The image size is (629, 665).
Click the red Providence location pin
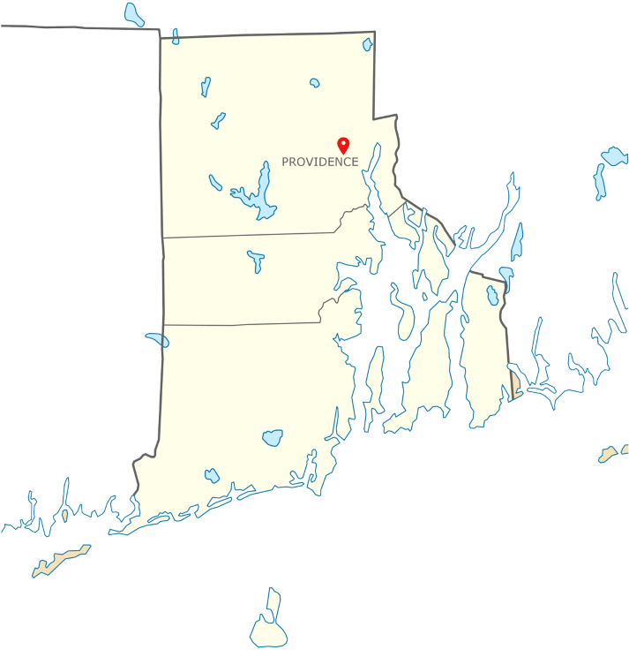[x=344, y=144]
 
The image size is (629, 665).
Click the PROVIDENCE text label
[x=319, y=162]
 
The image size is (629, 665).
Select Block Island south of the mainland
[x=268, y=631]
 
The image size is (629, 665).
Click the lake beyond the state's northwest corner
[x=134, y=14]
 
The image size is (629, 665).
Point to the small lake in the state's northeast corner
[x=367, y=43]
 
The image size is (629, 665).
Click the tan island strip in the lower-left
[x=62, y=560]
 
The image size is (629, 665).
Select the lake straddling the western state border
[x=158, y=340]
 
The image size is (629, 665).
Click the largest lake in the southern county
[x=273, y=437]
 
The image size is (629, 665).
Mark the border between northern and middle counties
[x=247, y=235]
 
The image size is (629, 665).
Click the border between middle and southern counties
[x=238, y=324]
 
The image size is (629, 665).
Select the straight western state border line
[x=161, y=265]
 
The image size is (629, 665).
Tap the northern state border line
[x=265, y=35]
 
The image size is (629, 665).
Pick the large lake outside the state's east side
[x=610, y=156]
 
